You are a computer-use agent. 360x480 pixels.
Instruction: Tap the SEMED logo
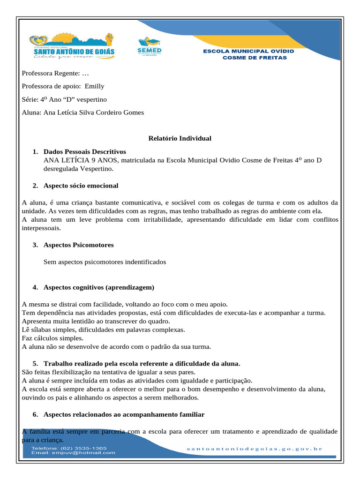tap(149, 46)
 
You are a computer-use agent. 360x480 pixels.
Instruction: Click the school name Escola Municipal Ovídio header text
tap(248, 54)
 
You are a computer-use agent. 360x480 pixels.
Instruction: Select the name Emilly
tap(95, 86)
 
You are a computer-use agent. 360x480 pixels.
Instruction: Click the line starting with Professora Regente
tap(55, 73)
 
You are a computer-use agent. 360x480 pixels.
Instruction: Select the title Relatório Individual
tap(180, 138)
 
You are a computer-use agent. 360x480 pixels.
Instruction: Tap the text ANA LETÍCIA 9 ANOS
tap(82, 160)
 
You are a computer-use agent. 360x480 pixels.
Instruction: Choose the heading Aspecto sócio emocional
tap(81, 186)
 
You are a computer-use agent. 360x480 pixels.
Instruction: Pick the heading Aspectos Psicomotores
tap(78, 245)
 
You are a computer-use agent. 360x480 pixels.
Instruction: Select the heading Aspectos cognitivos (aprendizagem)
tap(98, 287)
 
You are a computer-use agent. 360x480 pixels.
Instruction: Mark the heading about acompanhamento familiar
tap(124, 414)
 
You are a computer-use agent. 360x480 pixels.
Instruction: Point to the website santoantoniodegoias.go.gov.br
tap(255, 449)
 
